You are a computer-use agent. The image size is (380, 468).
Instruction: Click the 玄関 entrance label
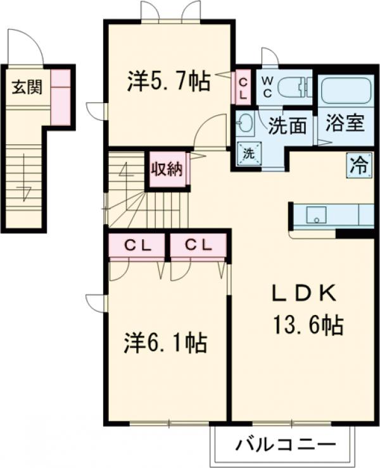tap(25, 87)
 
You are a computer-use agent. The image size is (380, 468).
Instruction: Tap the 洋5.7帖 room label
tap(169, 82)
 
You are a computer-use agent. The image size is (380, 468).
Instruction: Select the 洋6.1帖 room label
tap(165, 343)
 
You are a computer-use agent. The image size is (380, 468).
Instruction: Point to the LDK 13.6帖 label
tap(306, 310)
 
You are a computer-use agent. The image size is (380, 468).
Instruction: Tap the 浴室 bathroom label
tap(345, 123)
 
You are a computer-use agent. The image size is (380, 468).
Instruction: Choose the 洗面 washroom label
tap(287, 125)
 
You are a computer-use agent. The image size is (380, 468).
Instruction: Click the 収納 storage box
tap(167, 169)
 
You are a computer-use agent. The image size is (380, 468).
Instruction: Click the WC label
tap(267, 87)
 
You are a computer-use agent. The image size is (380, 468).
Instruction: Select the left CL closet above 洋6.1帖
tap(136, 247)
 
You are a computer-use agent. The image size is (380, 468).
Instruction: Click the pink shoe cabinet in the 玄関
tap(60, 95)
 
